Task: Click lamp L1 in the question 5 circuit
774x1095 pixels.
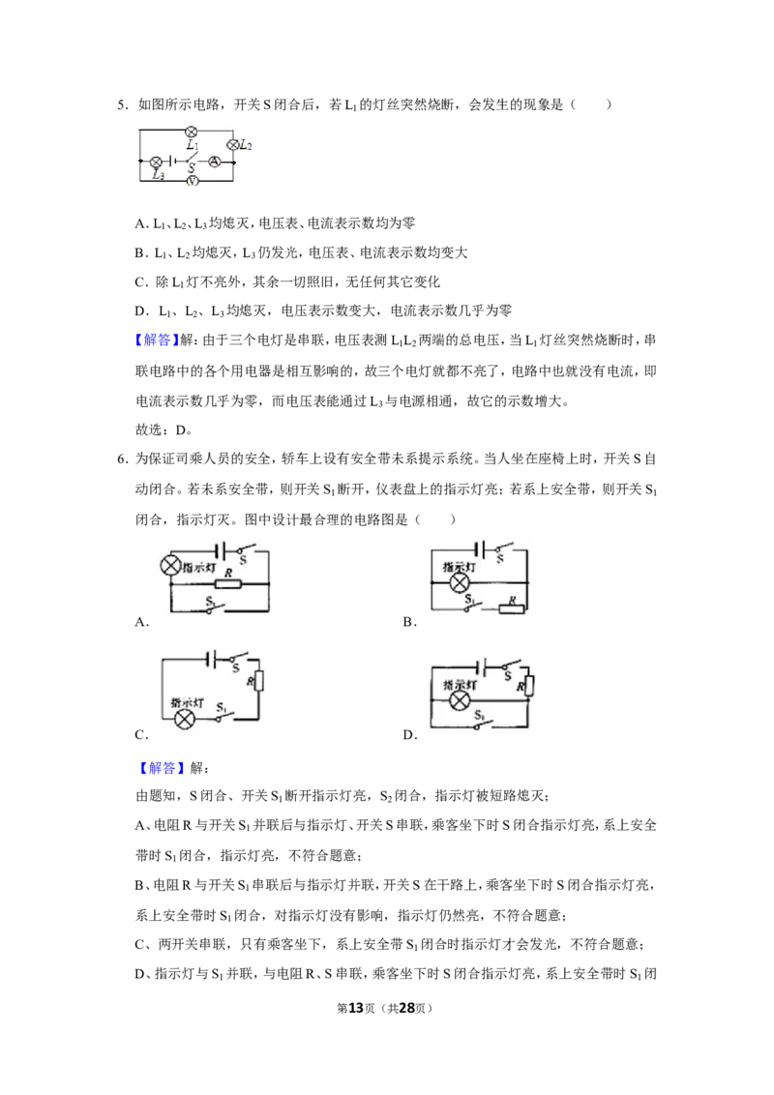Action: tap(191, 132)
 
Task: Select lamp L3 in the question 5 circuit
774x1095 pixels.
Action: tap(156, 162)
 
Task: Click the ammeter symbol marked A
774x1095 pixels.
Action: tap(215, 162)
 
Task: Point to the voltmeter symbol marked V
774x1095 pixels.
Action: tap(193, 180)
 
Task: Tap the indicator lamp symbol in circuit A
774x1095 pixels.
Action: tap(171, 566)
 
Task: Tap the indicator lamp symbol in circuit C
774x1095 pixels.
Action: tap(184, 720)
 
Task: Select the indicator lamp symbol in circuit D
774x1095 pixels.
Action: tap(459, 701)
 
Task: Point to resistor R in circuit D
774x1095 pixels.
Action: tap(528, 687)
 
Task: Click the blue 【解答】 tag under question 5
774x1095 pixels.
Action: tap(157, 340)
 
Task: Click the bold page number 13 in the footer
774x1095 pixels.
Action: tap(356, 1008)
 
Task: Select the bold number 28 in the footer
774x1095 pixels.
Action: tap(407, 1008)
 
